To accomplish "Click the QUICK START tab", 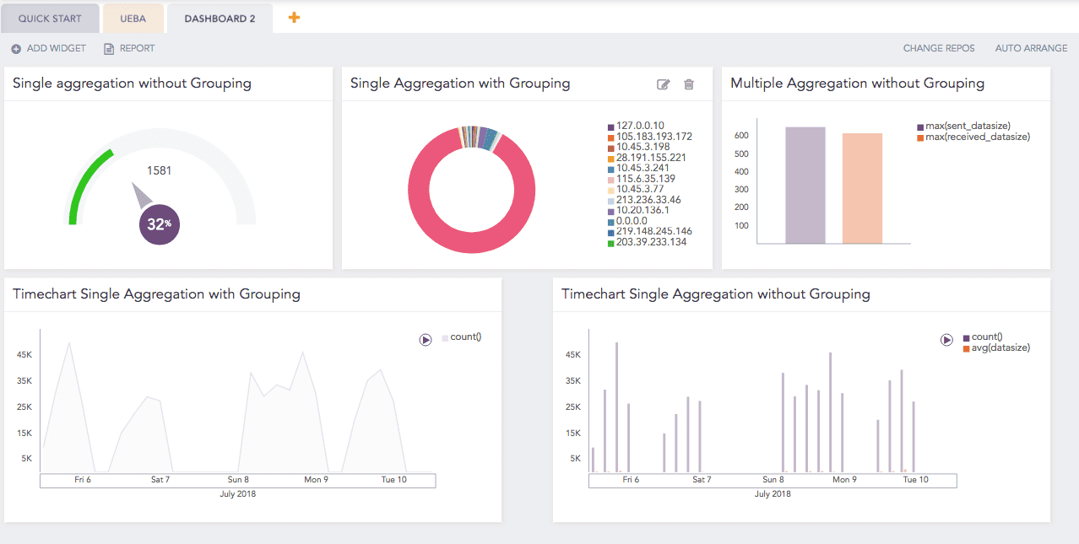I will pyautogui.click(x=50, y=18).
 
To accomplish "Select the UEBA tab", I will pyautogui.click(x=133, y=18).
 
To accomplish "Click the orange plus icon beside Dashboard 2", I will pyautogui.click(x=294, y=17).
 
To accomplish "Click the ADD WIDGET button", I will pyautogui.click(x=49, y=48).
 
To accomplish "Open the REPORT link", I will pyautogui.click(x=129, y=48).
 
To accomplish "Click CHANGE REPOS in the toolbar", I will pyautogui.click(x=939, y=48).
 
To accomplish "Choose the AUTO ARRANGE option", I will pyautogui.click(x=1031, y=48).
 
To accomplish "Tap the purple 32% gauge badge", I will pyautogui.click(x=159, y=224).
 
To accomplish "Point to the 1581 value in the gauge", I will pyautogui.click(x=159, y=170).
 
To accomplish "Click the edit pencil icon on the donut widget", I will pyautogui.click(x=664, y=84).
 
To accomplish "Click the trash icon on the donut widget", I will pyautogui.click(x=689, y=84).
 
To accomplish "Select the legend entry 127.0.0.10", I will pyautogui.click(x=639, y=126).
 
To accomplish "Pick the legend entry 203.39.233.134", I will pyautogui.click(x=651, y=242).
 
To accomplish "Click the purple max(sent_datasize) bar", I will pyautogui.click(x=805, y=186).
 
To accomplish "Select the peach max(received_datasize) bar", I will pyautogui.click(x=862, y=189).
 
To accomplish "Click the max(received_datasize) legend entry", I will pyautogui.click(x=977, y=137).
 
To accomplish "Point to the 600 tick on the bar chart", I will pyautogui.click(x=741, y=136).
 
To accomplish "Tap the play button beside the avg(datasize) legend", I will pyautogui.click(x=947, y=340).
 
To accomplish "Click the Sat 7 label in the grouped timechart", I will pyautogui.click(x=160, y=479).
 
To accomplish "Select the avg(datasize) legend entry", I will pyautogui.click(x=1000, y=347).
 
